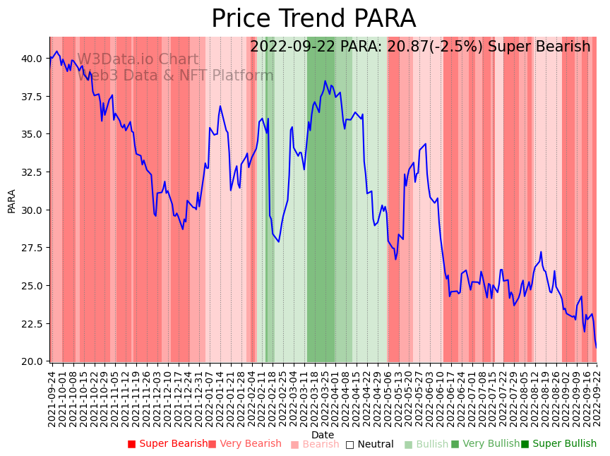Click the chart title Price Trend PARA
[x=313, y=19]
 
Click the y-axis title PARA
[x=11, y=200]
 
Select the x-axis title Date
[x=323, y=435]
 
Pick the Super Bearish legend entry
[x=168, y=444]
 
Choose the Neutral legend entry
[x=369, y=444]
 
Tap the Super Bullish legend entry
[x=558, y=444]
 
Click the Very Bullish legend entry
[x=485, y=444]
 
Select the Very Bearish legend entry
[x=245, y=444]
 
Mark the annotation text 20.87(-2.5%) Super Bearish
[x=420, y=47]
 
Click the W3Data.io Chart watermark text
[x=138, y=60]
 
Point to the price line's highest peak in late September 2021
[x=56, y=51]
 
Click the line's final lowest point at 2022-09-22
[x=596, y=347]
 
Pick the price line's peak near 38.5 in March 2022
[x=325, y=80]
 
